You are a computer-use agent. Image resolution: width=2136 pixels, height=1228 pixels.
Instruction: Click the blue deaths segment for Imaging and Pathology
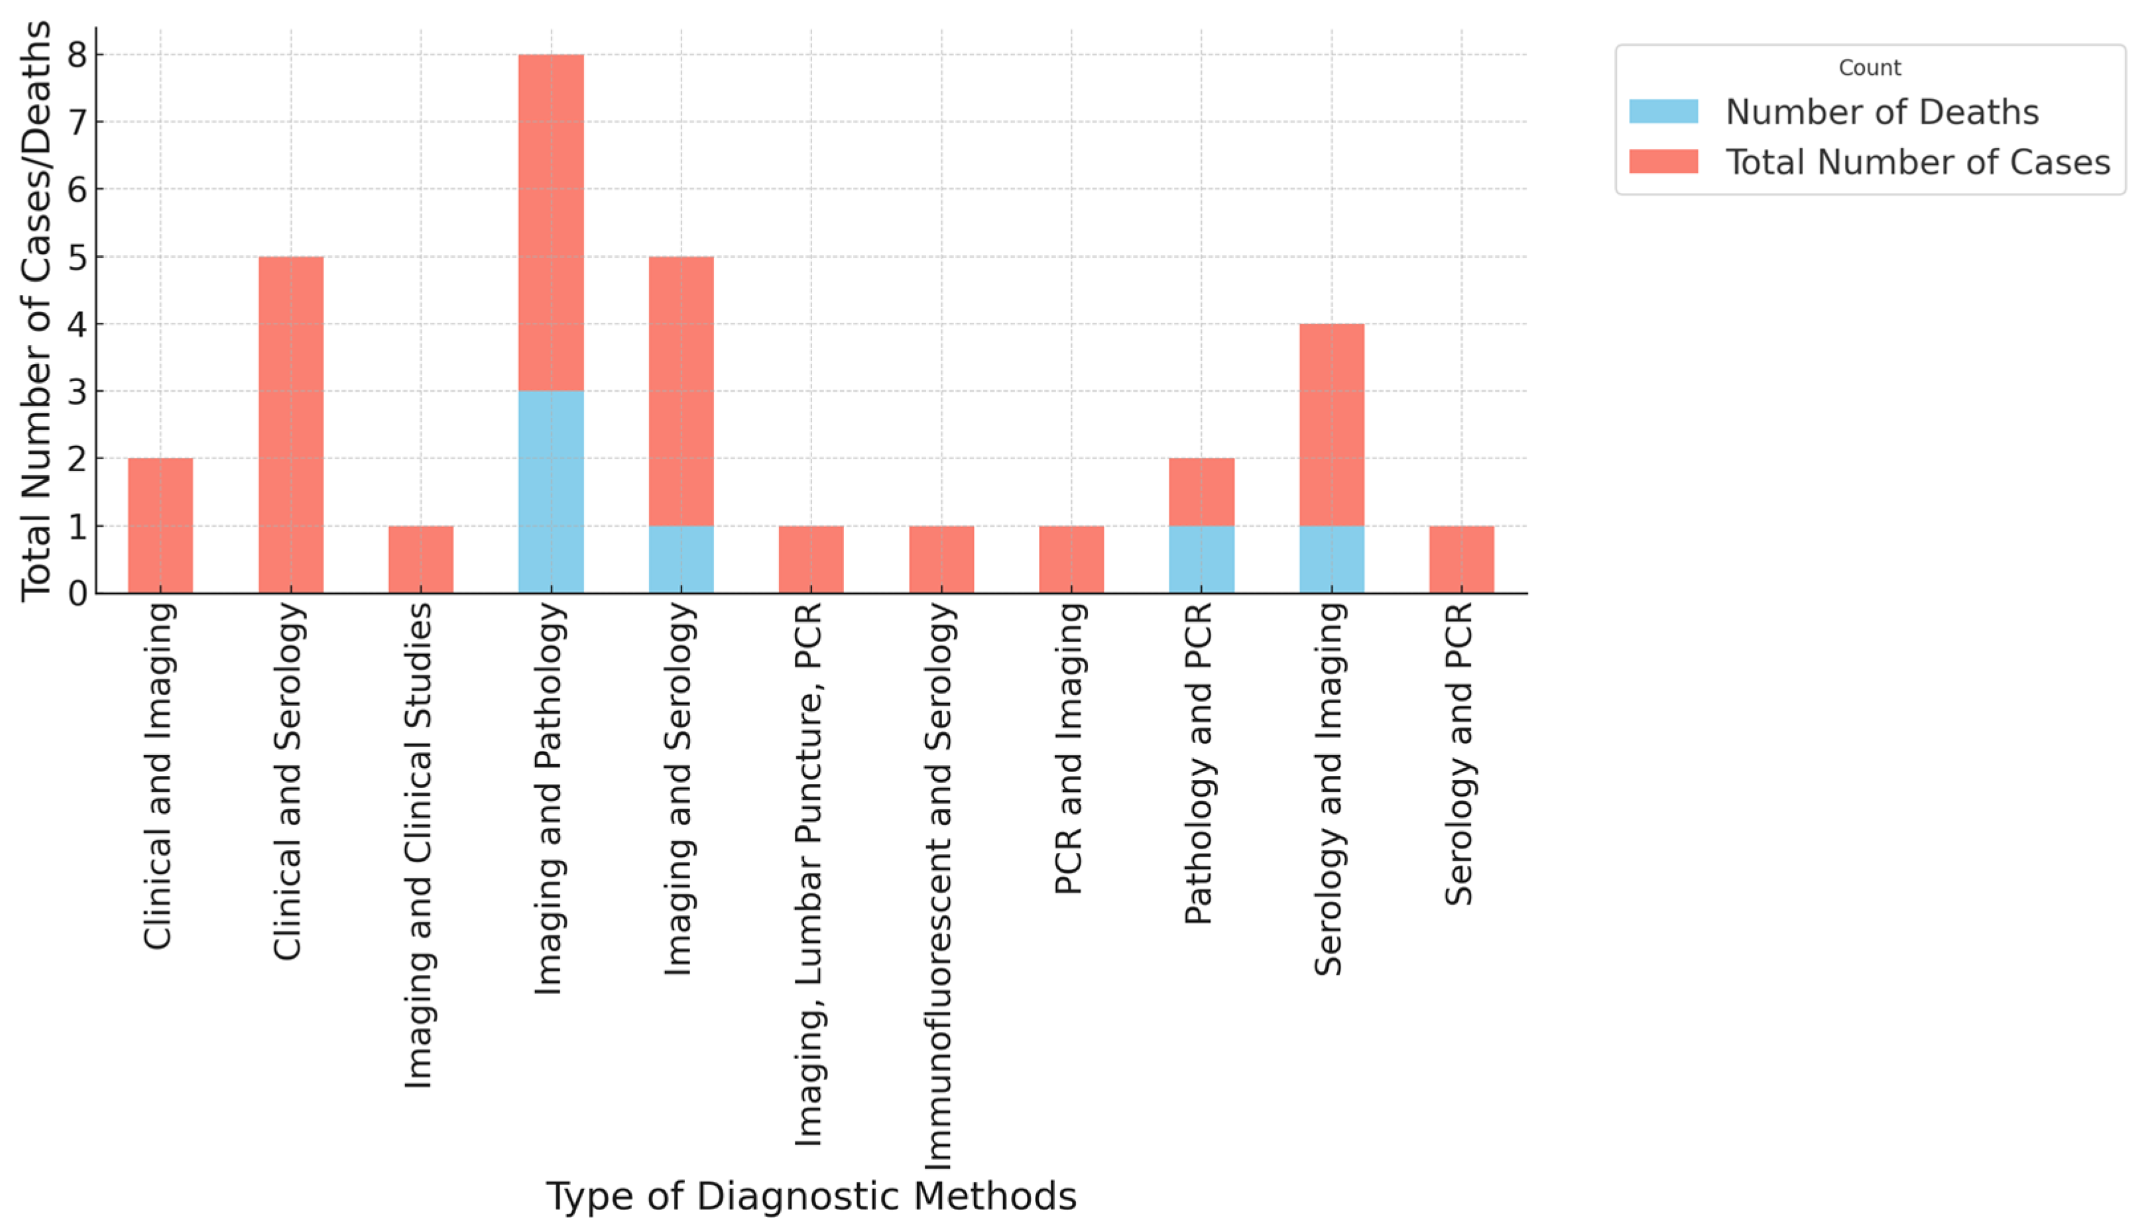coord(551,492)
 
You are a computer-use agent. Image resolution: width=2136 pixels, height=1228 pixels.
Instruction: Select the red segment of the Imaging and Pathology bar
coord(551,222)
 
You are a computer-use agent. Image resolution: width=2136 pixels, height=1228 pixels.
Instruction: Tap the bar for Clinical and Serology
coord(291,424)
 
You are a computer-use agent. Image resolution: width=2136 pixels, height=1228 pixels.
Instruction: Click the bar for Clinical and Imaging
coord(160,526)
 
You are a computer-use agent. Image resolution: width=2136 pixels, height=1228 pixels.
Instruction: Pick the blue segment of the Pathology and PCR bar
coord(1201,559)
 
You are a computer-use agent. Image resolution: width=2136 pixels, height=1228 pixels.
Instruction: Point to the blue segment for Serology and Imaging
coord(1331,559)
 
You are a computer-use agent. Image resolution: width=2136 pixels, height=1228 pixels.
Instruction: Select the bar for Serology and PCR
coord(1461,559)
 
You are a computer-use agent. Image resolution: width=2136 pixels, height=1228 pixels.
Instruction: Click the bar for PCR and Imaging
coord(1071,559)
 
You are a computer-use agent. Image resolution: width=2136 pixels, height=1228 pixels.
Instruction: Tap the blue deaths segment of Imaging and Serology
coord(681,559)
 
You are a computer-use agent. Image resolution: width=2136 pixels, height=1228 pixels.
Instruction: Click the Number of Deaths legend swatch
coord(1663,111)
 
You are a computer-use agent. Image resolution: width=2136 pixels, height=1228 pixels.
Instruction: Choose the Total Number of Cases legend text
coord(1917,162)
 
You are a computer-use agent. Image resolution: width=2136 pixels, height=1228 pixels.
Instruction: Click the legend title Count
coord(1869,68)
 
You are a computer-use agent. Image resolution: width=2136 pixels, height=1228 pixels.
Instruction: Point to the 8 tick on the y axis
coord(78,55)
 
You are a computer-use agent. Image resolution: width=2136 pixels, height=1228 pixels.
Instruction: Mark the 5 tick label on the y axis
coord(78,256)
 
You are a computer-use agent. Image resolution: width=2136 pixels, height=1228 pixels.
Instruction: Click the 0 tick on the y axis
coord(78,593)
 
